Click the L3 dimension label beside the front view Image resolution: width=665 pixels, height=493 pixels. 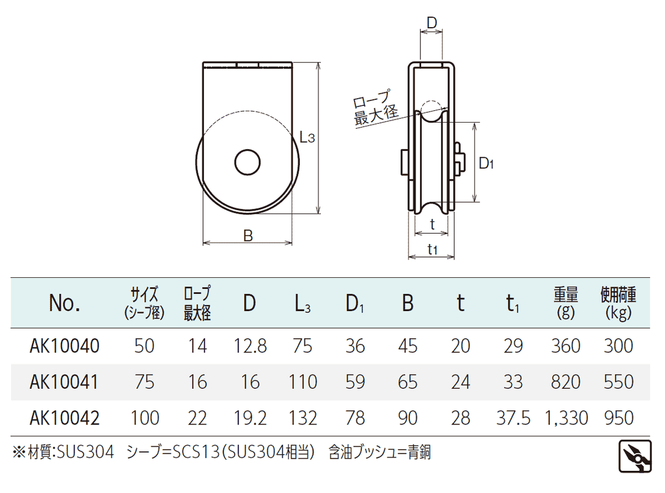point(307,137)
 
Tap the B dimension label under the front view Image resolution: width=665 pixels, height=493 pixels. point(248,235)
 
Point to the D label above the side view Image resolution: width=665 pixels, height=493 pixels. point(431,23)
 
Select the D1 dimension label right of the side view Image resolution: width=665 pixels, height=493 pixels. point(486,163)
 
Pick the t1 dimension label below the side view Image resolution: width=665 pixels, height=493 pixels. point(432,249)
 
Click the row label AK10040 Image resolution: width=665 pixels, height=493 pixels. point(65,346)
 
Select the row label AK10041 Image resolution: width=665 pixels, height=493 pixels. point(64,382)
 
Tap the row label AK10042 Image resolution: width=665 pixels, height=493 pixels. point(65,418)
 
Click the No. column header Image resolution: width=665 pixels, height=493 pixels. point(65,303)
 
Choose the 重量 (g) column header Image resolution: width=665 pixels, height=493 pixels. point(566,303)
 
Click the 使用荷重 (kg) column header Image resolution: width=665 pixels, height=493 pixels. point(618,303)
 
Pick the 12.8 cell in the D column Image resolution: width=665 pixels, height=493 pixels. point(250,346)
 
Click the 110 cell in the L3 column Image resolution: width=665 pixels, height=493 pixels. point(303,382)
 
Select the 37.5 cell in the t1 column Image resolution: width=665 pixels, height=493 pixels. point(513,418)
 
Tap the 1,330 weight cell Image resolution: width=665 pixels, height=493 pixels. point(566,418)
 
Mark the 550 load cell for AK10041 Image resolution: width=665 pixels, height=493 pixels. point(619,382)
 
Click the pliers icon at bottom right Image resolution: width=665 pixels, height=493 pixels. point(635,457)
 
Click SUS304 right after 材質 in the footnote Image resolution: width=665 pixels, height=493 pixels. point(85,452)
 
